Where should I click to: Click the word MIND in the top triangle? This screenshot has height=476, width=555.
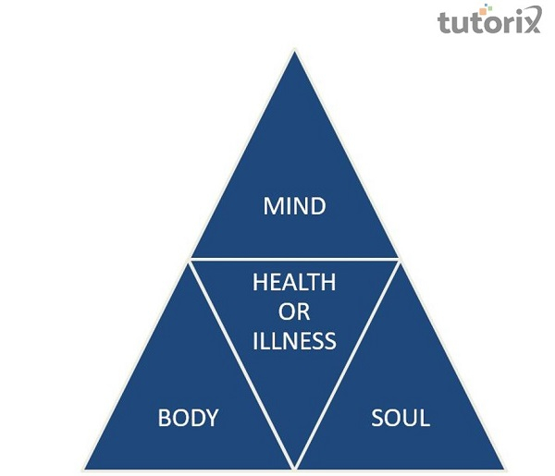294,205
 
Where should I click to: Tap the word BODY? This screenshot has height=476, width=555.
188,418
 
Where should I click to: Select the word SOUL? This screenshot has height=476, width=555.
401,418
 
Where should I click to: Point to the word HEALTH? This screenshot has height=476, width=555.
294,283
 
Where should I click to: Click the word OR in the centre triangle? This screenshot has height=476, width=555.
294,312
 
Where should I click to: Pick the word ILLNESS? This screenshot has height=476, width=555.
294,341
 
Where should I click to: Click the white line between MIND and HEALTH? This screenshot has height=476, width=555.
294,259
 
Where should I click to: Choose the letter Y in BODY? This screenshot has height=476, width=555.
212,418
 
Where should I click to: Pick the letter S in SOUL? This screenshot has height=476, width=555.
377,418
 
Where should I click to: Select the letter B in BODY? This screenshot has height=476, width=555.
165,418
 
